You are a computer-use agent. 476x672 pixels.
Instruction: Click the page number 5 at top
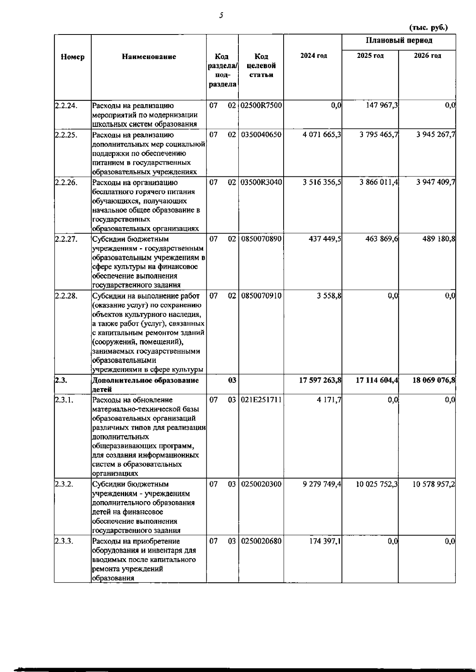click(221, 15)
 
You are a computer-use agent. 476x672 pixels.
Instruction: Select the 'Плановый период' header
click(399, 40)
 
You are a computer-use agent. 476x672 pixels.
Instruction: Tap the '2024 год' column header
click(313, 56)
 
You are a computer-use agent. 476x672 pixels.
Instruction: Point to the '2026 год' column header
click(427, 56)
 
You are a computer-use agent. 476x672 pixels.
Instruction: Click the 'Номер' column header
click(73, 57)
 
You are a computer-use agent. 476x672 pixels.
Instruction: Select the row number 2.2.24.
click(65, 106)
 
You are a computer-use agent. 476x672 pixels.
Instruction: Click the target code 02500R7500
click(261, 106)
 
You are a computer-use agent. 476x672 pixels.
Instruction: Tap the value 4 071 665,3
click(322, 135)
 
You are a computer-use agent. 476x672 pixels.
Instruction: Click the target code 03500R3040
click(261, 183)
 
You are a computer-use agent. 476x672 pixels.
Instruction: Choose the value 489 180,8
click(438, 239)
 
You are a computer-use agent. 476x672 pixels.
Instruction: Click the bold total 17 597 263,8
click(320, 380)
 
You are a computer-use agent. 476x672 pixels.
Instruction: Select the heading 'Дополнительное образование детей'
click(145, 385)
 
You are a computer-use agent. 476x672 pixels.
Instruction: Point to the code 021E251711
click(261, 400)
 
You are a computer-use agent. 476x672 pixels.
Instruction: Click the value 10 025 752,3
click(377, 484)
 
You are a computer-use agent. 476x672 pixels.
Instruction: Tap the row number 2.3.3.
click(64, 542)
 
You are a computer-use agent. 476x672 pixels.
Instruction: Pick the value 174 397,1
click(325, 542)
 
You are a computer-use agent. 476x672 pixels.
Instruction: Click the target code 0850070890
click(261, 239)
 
